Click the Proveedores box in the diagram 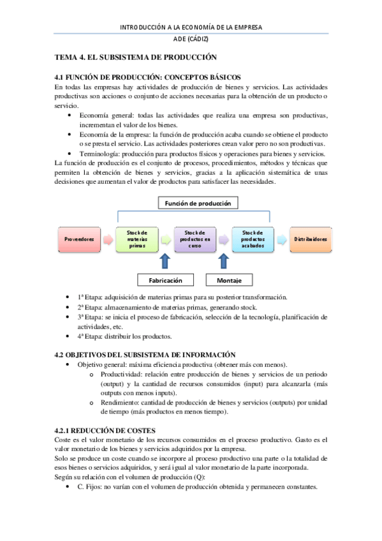coord(79,239)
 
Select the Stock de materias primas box coord(137,239)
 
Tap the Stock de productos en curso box coord(195,239)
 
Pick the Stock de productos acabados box coord(253,239)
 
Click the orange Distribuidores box coord(311,239)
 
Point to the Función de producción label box coord(198,203)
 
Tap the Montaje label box coord(229,280)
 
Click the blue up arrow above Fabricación coord(165,262)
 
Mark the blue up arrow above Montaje coord(224,262)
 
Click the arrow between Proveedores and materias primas coord(108,239)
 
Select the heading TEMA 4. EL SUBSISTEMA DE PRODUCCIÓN coord(136,57)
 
